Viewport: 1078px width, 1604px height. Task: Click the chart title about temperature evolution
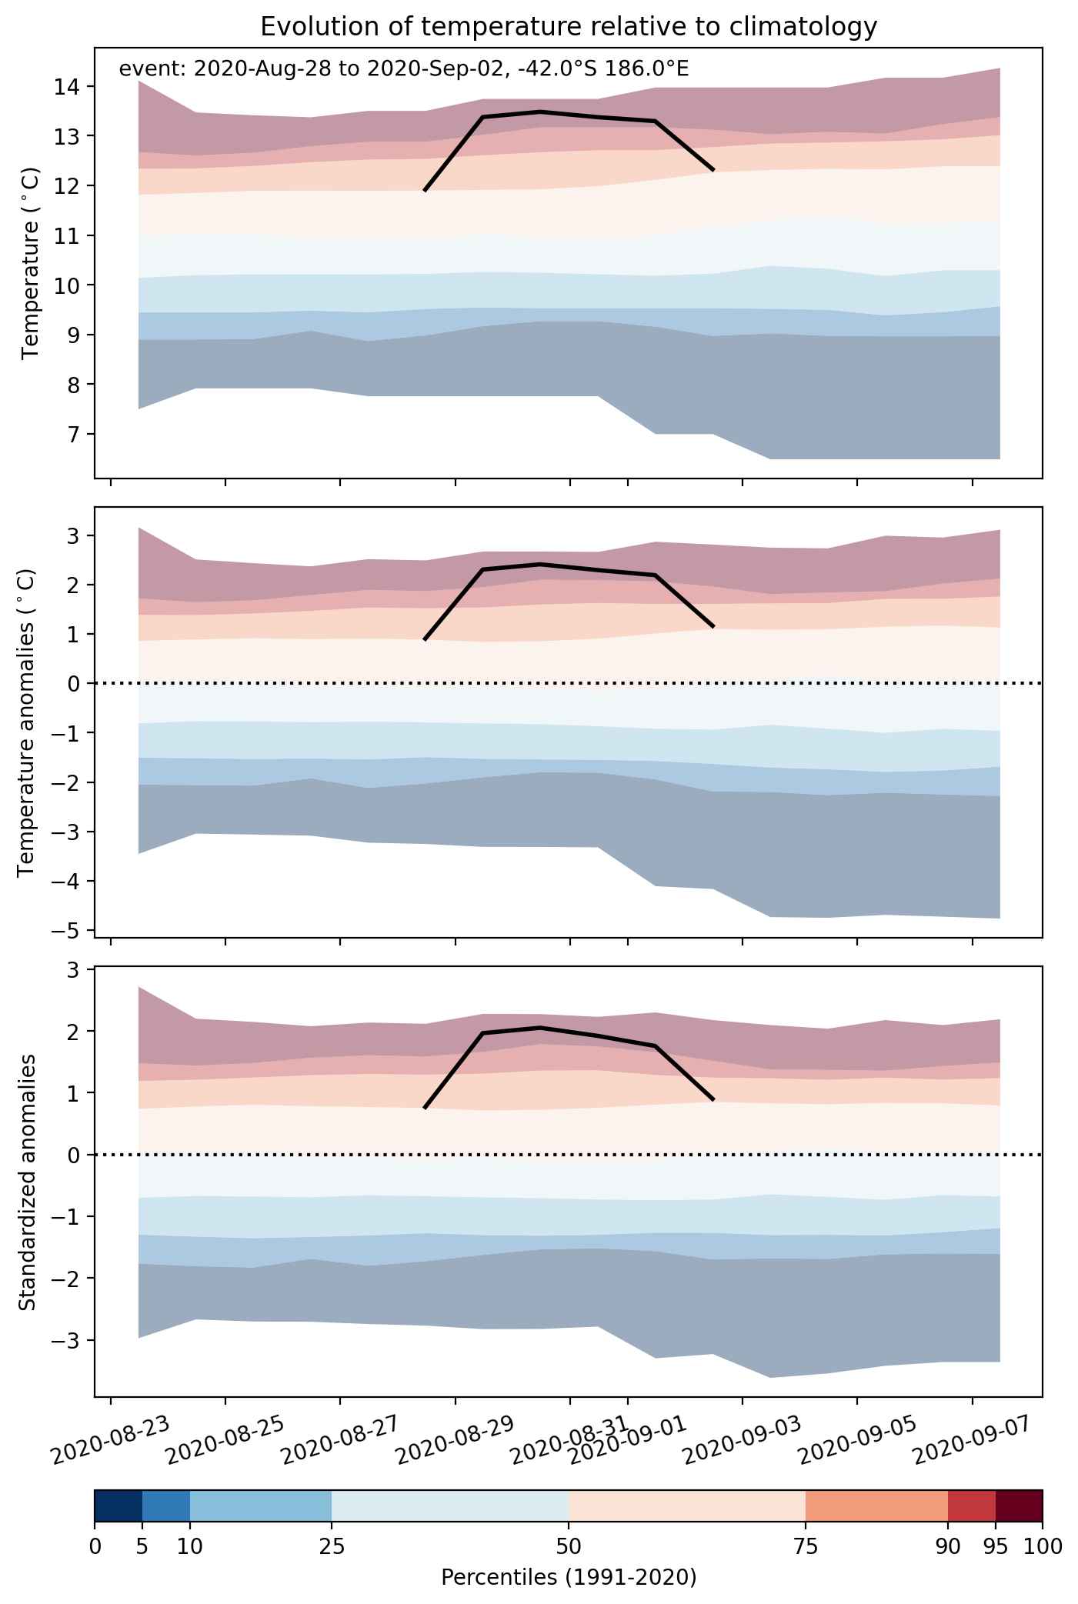pos(569,27)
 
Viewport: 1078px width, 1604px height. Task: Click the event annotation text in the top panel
pos(403,69)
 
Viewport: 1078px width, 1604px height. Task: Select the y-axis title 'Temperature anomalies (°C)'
pos(28,722)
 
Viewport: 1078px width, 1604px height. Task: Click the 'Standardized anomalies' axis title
pos(28,1182)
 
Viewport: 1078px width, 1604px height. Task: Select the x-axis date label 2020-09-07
pos(974,1442)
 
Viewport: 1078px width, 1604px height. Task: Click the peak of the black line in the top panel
pos(541,112)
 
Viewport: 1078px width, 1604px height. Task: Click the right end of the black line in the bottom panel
pos(714,1100)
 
